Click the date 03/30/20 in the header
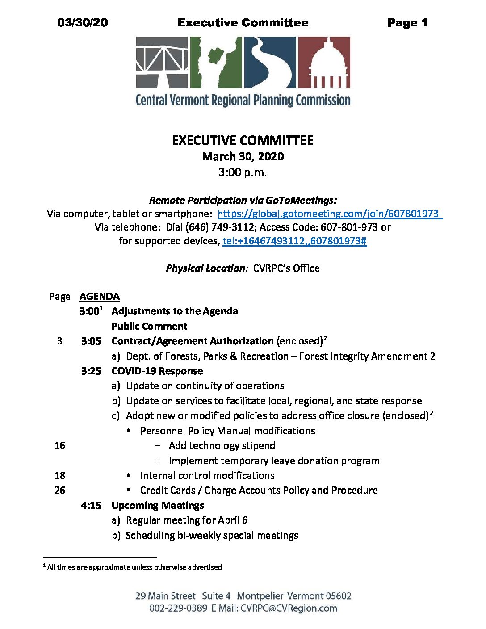pyautogui.click(x=83, y=23)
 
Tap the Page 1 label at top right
pyautogui.click(x=407, y=23)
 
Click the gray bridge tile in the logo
pyautogui.click(x=162, y=62)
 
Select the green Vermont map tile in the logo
pyautogui.click(x=216, y=62)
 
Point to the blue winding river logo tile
pyautogui.click(x=269, y=62)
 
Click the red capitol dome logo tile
pyautogui.click(x=324, y=62)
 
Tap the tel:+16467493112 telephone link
pyautogui.click(x=294, y=241)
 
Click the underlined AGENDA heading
pyautogui.click(x=99, y=297)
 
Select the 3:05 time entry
pyautogui.click(x=91, y=341)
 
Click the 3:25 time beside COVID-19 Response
pyautogui.click(x=91, y=371)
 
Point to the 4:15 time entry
pyautogui.click(x=91, y=506)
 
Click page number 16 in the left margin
pyautogui.click(x=60, y=446)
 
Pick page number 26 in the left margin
pyautogui.click(x=60, y=491)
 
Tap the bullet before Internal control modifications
pyautogui.click(x=129, y=475)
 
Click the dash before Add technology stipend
pyautogui.click(x=158, y=446)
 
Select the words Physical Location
pyautogui.click(x=205, y=268)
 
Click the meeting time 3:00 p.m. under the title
pyautogui.click(x=243, y=172)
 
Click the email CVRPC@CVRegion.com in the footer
pyautogui.click(x=289, y=608)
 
